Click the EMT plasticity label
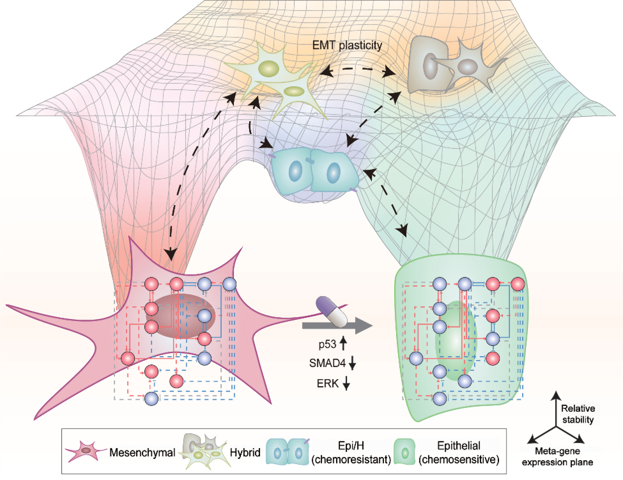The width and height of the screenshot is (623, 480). point(347,45)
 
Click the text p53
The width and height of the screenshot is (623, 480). point(327,344)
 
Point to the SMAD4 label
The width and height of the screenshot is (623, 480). point(327,363)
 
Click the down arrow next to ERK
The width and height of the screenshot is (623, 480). point(346,383)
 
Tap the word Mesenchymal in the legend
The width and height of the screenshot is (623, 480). point(142,452)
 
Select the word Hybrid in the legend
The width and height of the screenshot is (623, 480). point(245,452)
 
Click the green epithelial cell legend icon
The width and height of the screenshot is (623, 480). point(405,452)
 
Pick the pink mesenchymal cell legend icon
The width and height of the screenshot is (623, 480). point(85,451)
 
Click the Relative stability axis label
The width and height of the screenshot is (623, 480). point(578,414)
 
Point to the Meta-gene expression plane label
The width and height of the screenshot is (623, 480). point(557,457)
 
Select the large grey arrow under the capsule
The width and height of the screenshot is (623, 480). point(336,326)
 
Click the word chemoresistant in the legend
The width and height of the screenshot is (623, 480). point(351,460)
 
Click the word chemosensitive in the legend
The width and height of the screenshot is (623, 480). point(459,460)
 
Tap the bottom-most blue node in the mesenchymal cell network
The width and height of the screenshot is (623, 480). point(152,399)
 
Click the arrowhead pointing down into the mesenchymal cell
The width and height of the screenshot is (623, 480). point(171,254)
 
